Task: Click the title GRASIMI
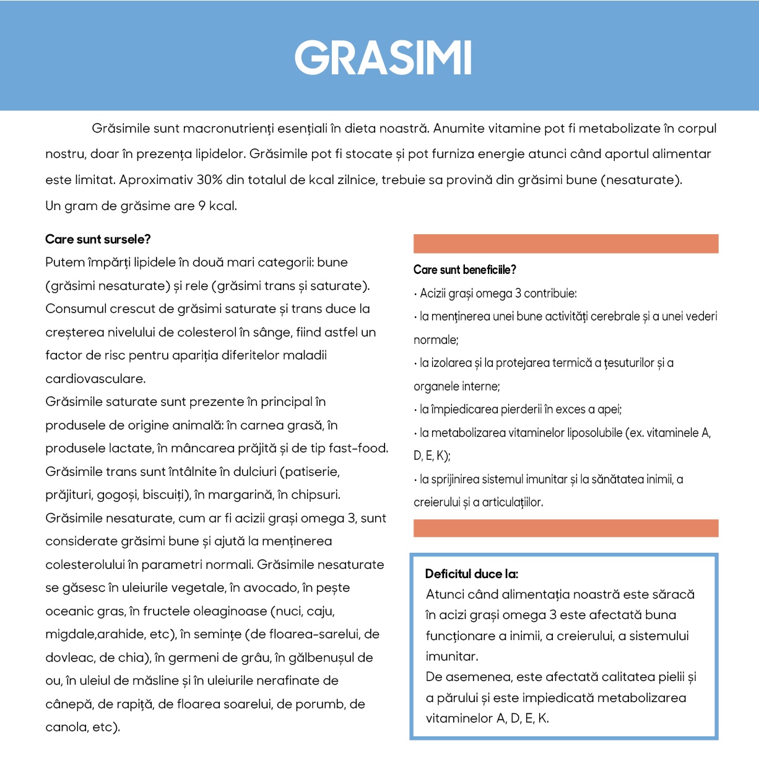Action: coord(383,58)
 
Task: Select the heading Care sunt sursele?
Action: coord(98,239)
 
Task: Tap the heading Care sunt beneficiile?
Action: coord(464,270)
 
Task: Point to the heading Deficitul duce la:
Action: coord(472,574)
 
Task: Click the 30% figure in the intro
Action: coord(209,180)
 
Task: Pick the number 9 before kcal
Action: coord(202,206)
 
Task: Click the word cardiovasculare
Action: coord(95,379)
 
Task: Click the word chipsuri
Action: coord(316,494)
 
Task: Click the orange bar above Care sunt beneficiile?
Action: coord(565,244)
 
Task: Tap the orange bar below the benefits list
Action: coord(565,528)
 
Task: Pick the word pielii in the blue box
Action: coord(671,677)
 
